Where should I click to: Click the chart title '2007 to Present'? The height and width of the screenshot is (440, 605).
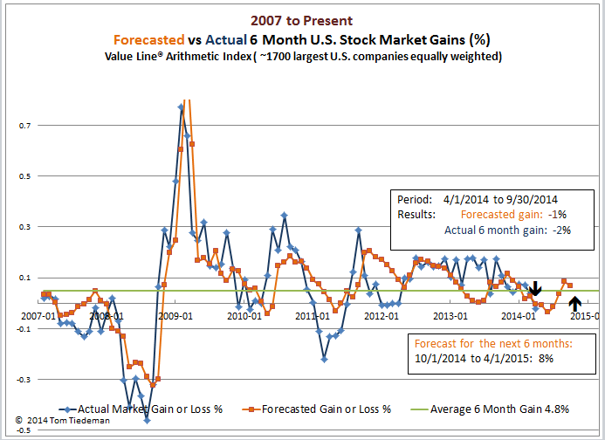click(x=302, y=19)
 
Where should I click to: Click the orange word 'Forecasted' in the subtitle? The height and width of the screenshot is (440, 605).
click(x=149, y=38)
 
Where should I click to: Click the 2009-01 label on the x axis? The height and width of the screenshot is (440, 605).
click(x=175, y=317)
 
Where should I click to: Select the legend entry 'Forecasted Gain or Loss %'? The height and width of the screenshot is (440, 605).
click(x=324, y=409)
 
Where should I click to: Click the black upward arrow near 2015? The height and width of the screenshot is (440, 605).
click(x=574, y=303)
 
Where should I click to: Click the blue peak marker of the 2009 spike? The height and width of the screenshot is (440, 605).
click(x=182, y=107)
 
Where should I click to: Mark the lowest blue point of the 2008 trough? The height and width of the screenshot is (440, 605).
click(x=148, y=396)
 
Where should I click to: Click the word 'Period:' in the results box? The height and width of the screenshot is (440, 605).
click(x=414, y=198)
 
